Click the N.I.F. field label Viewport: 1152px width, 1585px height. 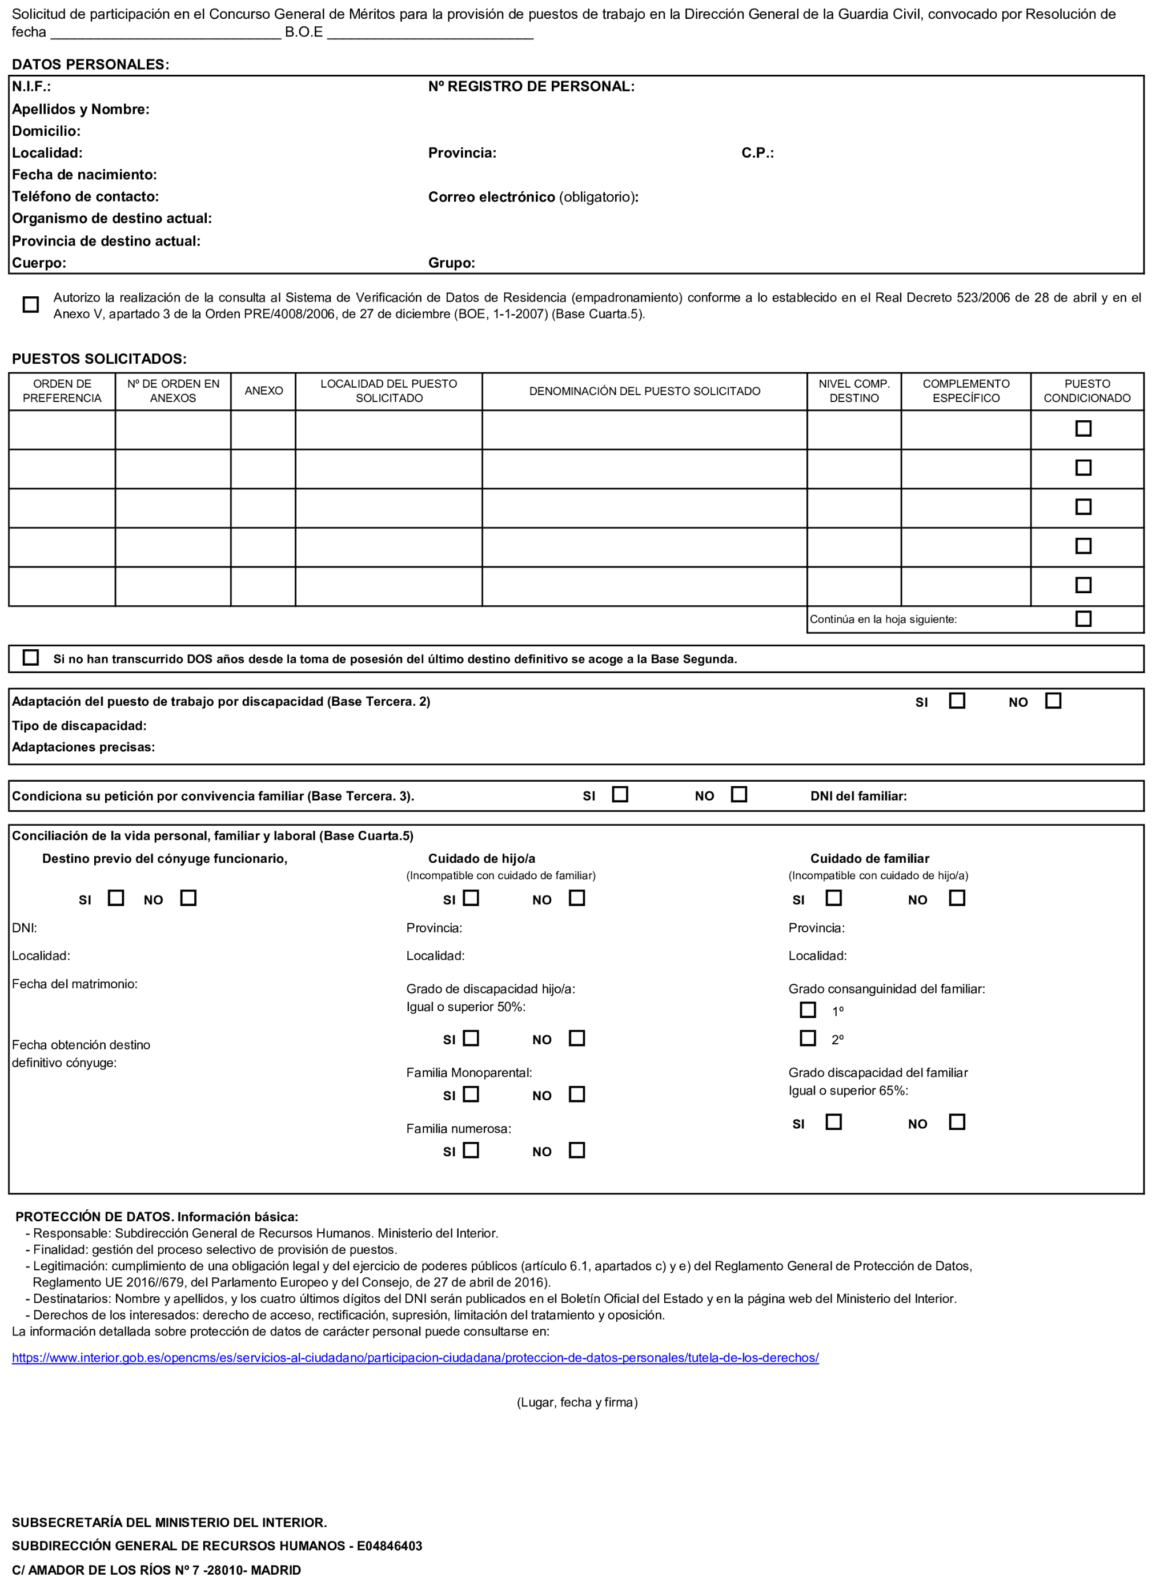coord(31,87)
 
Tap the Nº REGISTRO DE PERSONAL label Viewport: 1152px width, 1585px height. coord(531,87)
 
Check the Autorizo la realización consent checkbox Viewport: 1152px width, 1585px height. coord(31,305)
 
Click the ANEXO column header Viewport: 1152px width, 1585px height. coord(263,391)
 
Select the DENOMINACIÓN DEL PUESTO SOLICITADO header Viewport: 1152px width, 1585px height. coord(644,391)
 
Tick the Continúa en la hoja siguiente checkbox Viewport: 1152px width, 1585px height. coord(1083,619)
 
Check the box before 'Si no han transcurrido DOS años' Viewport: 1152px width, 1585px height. coord(31,658)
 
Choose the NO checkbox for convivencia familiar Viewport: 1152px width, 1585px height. coord(738,795)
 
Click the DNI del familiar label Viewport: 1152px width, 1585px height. coord(858,796)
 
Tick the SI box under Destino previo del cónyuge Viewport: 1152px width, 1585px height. coord(116,898)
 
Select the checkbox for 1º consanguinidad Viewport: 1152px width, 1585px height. coord(808,1010)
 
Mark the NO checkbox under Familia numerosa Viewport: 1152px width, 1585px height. coord(577,1150)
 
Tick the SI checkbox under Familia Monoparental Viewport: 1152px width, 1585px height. coord(471,1095)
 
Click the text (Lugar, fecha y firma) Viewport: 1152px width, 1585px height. coord(577,1403)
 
